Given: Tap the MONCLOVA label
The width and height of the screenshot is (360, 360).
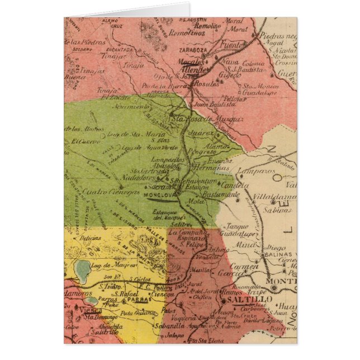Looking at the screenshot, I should pyautogui.click(x=160, y=196).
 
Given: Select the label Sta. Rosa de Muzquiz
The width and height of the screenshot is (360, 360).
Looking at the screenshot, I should pyautogui.click(x=200, y=119).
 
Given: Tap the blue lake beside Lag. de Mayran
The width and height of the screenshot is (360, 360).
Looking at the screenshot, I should pyautogui.click(x=83, y=269).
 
